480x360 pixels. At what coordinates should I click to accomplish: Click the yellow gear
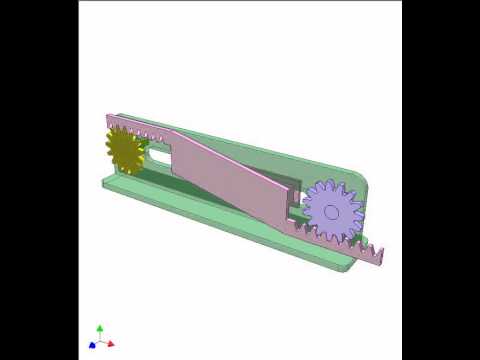124,150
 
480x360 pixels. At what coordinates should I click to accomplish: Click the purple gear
331,210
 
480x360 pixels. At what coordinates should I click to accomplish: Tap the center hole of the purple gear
332,211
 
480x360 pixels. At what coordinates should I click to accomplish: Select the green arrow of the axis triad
100,328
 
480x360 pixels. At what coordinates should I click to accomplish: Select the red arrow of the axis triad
110,343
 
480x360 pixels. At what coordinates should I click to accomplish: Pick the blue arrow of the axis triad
92,344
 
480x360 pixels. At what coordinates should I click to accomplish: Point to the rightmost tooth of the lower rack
377,246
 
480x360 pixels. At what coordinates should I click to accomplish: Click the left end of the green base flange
104,181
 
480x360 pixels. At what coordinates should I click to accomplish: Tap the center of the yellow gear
124,150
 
